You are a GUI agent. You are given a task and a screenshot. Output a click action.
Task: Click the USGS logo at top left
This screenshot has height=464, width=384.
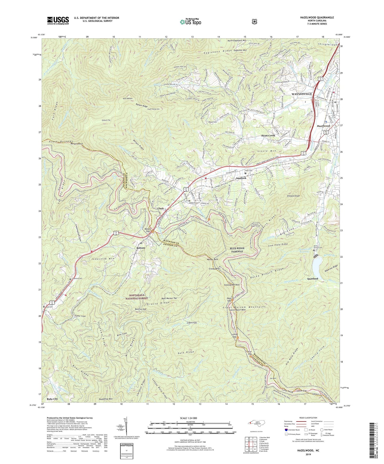tap(58, 20)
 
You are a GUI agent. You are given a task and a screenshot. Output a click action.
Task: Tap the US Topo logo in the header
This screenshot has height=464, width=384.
tap(190, 22)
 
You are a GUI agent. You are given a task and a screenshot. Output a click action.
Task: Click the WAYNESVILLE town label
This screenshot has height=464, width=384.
tap(302, 94)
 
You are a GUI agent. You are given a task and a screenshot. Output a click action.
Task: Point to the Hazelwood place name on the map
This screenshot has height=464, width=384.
tap(323, 126)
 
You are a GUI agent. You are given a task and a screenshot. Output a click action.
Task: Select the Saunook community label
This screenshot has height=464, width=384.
tap(241, 178)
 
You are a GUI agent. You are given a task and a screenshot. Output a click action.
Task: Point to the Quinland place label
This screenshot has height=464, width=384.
tap(313, 279)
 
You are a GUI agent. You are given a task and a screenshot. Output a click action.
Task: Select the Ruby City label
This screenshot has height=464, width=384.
tap(52, 399)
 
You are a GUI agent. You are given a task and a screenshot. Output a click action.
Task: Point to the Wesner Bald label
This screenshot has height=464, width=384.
tap(212, 259)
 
